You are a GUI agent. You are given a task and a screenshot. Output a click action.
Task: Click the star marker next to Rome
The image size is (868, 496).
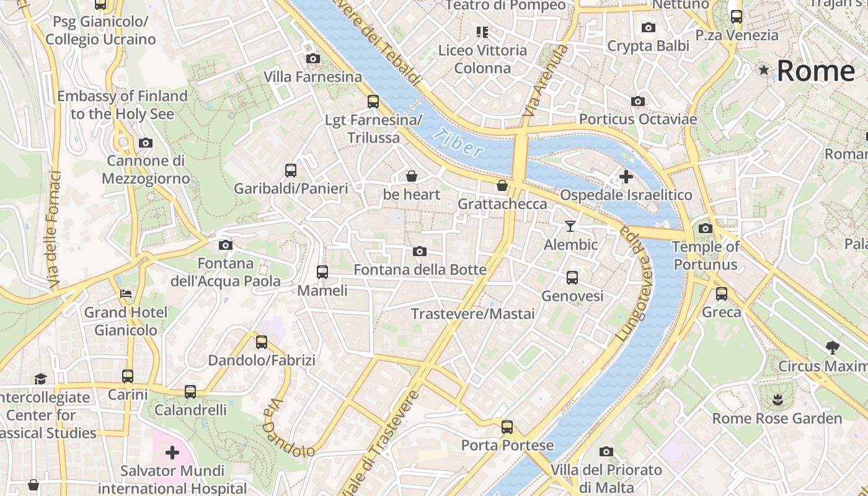(x=764, y=71)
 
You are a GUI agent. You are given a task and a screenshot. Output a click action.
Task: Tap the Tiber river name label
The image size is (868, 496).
(x=458, y=142)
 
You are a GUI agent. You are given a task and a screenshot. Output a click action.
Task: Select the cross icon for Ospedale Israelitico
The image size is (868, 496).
(x=626, y=177)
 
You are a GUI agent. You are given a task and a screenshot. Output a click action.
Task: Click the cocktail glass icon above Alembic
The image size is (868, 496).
(x=570, y=226)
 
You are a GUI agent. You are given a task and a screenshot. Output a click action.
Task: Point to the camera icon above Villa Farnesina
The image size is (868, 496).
(x=313, y=58)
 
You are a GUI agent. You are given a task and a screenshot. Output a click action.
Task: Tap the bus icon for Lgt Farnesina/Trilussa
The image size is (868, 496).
(x=373, y=101)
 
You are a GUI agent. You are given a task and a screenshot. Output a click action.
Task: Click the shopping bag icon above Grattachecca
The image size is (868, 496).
(x=502, y=185)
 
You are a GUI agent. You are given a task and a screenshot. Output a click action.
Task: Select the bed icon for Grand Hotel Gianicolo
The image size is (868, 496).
(x=126, y=293)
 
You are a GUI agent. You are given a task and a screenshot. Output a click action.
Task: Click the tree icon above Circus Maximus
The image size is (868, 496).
(x=832, y=347)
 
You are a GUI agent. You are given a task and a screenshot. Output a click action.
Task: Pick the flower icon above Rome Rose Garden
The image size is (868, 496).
(x=777, y=399)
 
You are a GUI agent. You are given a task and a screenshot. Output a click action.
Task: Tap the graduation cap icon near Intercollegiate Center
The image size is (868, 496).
(x=40, y=378)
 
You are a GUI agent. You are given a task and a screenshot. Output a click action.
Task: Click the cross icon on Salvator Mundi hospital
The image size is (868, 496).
(x=172, y=453)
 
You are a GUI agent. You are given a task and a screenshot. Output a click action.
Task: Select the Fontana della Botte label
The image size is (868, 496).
(x=420, y=270)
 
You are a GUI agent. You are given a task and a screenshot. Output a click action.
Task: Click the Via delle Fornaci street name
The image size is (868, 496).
(x=54, y=229)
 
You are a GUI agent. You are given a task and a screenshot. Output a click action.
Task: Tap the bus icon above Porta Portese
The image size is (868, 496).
(x=507, y=427)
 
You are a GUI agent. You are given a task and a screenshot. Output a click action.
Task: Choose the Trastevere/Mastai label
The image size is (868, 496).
(x=473, y=314)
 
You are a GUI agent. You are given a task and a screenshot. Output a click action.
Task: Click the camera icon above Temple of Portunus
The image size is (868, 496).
(x=705, y=228)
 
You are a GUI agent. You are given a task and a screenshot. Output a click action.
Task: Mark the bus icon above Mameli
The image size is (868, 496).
(x=322, y=272)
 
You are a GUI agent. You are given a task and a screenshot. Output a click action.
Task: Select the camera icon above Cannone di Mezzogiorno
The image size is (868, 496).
(x=146, y=143)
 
